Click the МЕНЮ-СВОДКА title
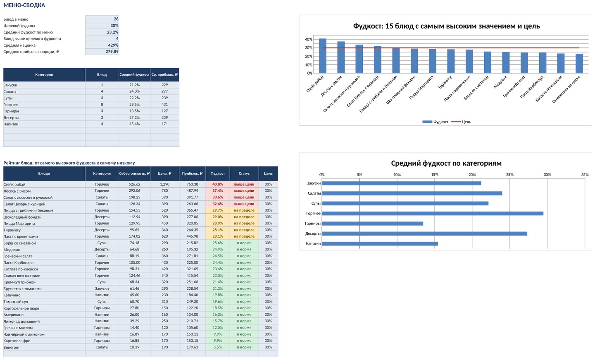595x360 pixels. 24,5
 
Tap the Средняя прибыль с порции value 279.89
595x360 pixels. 112,52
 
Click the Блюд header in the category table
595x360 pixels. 102,75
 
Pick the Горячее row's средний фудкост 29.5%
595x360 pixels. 134,105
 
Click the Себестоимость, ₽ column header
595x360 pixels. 134,174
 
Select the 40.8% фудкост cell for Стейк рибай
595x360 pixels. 217,184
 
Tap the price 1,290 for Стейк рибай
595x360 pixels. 165,184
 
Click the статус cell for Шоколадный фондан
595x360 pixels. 244,217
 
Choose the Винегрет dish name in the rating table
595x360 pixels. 12,347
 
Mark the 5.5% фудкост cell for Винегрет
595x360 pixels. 217,347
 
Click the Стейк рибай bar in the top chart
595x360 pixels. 322,56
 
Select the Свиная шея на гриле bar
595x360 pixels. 579,64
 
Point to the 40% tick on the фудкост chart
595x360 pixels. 309,39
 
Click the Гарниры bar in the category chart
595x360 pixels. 372,224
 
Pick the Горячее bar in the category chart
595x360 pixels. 433,213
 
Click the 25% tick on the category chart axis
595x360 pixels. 510,174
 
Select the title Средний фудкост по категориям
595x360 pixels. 446,163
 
